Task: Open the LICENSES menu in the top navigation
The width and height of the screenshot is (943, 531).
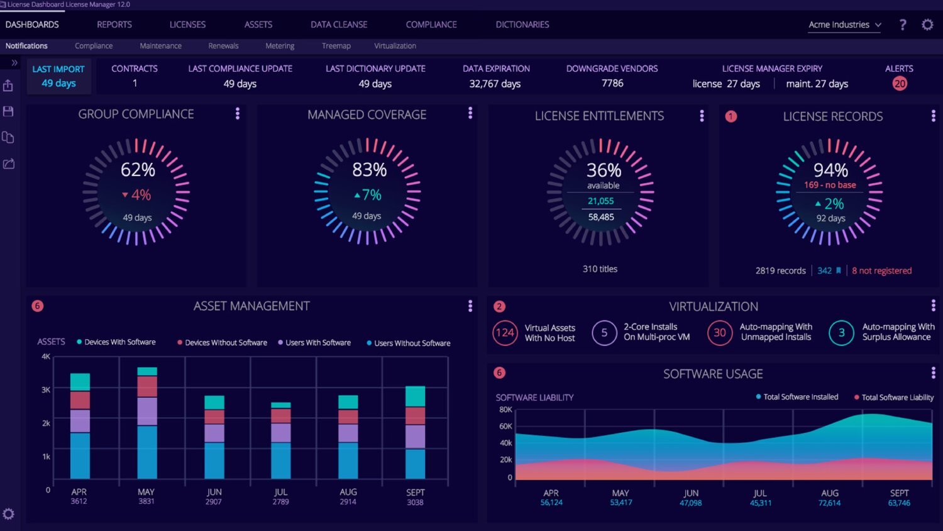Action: (187, 25)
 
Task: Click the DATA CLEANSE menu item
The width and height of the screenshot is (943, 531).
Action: (339, 25)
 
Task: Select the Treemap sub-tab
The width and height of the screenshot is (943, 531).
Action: (336, 46)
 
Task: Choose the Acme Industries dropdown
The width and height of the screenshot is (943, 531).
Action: (844, 25)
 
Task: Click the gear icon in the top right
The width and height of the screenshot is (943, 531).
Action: (927, 25)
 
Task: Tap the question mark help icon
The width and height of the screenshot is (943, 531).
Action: (903, 25)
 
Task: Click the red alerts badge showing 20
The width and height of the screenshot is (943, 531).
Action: (900, 84)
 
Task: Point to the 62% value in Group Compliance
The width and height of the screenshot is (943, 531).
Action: (138, 170)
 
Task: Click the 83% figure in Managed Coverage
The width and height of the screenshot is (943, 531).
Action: (369, 170)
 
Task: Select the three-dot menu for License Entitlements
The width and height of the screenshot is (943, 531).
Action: (702, 116)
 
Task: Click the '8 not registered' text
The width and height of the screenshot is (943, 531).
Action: (881, 271)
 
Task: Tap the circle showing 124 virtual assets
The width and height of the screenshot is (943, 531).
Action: (505, 333)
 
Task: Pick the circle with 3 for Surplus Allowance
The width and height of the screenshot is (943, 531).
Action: (841, 333)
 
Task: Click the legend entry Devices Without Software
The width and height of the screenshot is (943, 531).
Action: (226, 343)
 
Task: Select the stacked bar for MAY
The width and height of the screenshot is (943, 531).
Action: (147, 423)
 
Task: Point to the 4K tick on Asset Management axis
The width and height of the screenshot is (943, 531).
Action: (46, 357)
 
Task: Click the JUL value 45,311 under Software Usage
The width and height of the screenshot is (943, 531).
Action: (760, 503)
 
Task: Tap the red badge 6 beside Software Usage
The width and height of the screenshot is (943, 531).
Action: (499, 373)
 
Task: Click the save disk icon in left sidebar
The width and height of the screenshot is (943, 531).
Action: (8, 111)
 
